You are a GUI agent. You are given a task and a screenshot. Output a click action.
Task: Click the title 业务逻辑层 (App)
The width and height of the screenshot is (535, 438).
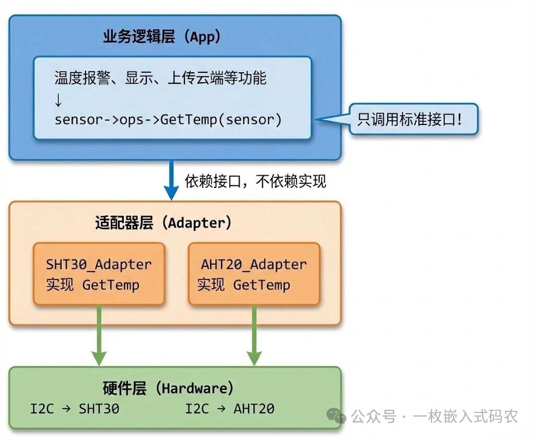pyautogui.click(x=161, y=37)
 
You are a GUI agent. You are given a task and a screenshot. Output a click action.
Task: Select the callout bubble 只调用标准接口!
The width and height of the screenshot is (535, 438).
pyautogui.click(x=413, y=119)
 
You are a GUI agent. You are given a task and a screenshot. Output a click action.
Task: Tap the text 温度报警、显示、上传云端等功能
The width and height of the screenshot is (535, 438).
pyautogui.click(x=160, y=78)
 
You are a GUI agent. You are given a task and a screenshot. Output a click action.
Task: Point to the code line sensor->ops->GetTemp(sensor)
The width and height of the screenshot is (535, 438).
pyautogui.click(x=168, y=119)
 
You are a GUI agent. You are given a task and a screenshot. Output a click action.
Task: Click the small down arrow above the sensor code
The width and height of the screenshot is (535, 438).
pyautogui.click(x=59, y=99)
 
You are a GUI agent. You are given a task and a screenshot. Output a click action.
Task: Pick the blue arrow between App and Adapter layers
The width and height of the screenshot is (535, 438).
pyautogui.click(x=171, y=180)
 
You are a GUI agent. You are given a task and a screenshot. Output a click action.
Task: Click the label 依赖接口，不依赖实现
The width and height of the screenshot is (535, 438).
pyautogui.click(x=255, y=181)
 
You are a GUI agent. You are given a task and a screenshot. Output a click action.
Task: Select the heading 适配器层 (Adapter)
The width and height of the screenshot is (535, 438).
pyautogui.click(x=163, y=223)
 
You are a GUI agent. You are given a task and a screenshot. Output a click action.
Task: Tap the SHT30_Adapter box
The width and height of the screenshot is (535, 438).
pyautogui.click(x=99, y=274)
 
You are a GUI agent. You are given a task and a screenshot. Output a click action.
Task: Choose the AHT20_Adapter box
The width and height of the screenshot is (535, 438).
pyautogui.click(x=253, y=274)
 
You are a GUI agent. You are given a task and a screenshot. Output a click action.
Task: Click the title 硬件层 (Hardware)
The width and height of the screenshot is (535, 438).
pyautogui.click(x=168, y=388)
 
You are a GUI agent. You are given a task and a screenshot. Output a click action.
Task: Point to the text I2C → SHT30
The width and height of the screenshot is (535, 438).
pyautogui.click(x=75, y=409)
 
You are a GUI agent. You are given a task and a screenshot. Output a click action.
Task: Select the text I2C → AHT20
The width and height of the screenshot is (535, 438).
pyautogui.click(x=230, y=409)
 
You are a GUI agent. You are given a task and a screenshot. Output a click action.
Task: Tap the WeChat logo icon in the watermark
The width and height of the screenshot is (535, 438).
pyautogui.click(x=336, y=416)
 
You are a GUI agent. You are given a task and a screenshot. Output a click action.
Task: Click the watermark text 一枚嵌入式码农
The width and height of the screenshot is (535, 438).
pyautogui.click(x=466, y=417)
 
